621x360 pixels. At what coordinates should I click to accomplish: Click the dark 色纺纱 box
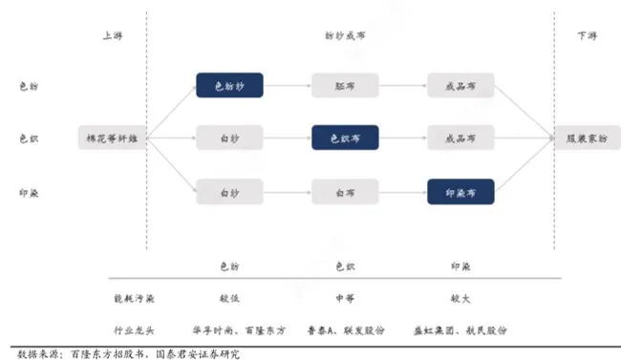click(x=229, y=85)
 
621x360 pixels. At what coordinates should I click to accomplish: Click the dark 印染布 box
click(x=460, y=192)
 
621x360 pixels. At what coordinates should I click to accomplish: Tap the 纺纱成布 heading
click(x=345, y=35)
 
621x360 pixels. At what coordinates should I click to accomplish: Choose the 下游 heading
click(x=587, y=35)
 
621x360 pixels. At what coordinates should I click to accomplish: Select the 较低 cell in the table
click(x=229, y=297)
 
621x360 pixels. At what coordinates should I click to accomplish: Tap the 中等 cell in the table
click(x=345, y=297)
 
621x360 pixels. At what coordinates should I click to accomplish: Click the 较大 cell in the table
click(x=460, y=297)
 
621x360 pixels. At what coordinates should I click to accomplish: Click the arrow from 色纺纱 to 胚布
click(x=287, y=85)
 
